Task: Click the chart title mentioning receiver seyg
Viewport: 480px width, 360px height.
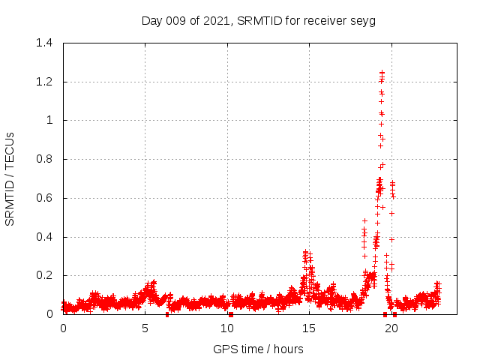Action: [x=258, y=20]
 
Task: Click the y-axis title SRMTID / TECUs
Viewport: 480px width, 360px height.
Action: [x=10, y=178]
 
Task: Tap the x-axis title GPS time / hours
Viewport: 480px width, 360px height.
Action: [x=258, y=349]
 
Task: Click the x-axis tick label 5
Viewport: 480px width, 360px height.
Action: [x=145, y=328]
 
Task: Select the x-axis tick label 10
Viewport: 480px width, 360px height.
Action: [x=227, y=328]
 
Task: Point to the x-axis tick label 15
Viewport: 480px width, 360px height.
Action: [x=309, y=328]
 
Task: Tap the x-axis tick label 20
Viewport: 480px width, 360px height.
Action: [x=391, y=328]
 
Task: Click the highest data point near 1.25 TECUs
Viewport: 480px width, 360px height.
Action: [x=382, y=73]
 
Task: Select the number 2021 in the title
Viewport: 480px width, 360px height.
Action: [x=216, y=20]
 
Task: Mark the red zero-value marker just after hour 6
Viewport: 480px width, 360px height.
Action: [x=167, y=314]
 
